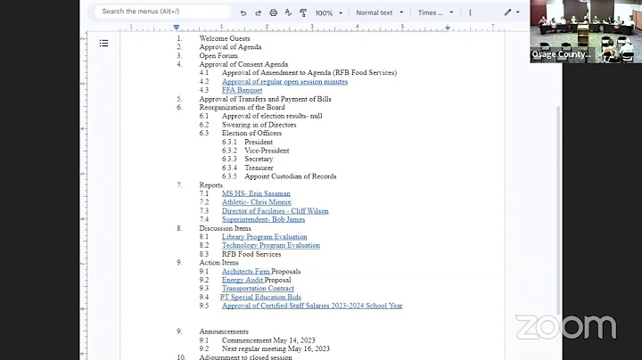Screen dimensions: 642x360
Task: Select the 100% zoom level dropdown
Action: (327, 13)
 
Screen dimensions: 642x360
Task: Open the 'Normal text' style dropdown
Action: (379, 13)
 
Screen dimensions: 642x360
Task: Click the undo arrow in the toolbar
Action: (243, 13)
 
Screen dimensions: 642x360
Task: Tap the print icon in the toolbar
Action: (273, 13)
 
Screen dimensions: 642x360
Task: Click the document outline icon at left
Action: (103, 43)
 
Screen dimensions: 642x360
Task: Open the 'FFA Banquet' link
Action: (242, 90)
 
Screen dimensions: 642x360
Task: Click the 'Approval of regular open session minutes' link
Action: (284, 81)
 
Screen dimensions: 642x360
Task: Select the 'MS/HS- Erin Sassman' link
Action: (256, 193)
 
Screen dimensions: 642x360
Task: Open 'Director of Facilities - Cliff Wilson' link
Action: (275, 211)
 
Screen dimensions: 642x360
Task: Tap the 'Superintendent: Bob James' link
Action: (263, 219)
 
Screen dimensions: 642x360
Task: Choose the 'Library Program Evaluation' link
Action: (264, 237)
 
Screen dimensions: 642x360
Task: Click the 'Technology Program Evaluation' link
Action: (270, 245)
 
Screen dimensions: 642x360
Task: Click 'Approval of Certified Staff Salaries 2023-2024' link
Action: (312, 306)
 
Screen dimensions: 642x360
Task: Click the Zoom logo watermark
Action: (565, 327)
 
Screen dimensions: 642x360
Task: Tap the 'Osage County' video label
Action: (561, 54)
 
